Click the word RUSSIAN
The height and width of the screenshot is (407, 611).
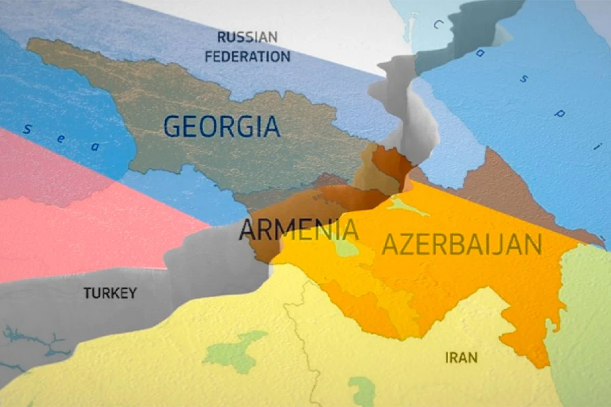(247, 37)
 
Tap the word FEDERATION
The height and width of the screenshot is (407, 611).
(247, 56)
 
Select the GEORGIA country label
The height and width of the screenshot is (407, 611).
(222, 126)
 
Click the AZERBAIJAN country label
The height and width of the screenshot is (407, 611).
(461, 245)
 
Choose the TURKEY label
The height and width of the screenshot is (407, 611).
(110, 293)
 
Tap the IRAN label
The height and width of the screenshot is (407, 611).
(461, 357)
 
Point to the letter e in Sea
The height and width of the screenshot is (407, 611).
(61, 139)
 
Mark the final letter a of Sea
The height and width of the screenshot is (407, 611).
(94, 147)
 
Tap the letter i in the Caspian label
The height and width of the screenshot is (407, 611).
(595, 148)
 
